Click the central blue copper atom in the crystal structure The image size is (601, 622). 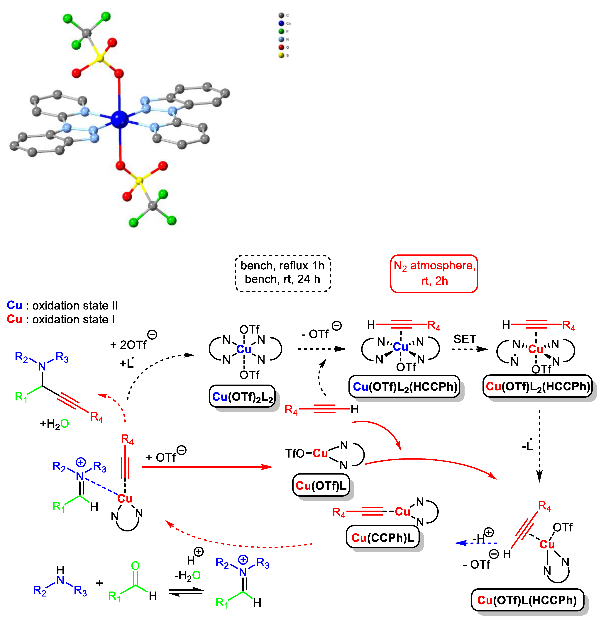120,119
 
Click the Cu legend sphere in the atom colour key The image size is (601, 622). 281,23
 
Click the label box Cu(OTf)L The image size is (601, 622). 321,485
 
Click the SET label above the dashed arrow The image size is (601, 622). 465,339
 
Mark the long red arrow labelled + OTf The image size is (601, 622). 206,467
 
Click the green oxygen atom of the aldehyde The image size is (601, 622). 135,565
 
